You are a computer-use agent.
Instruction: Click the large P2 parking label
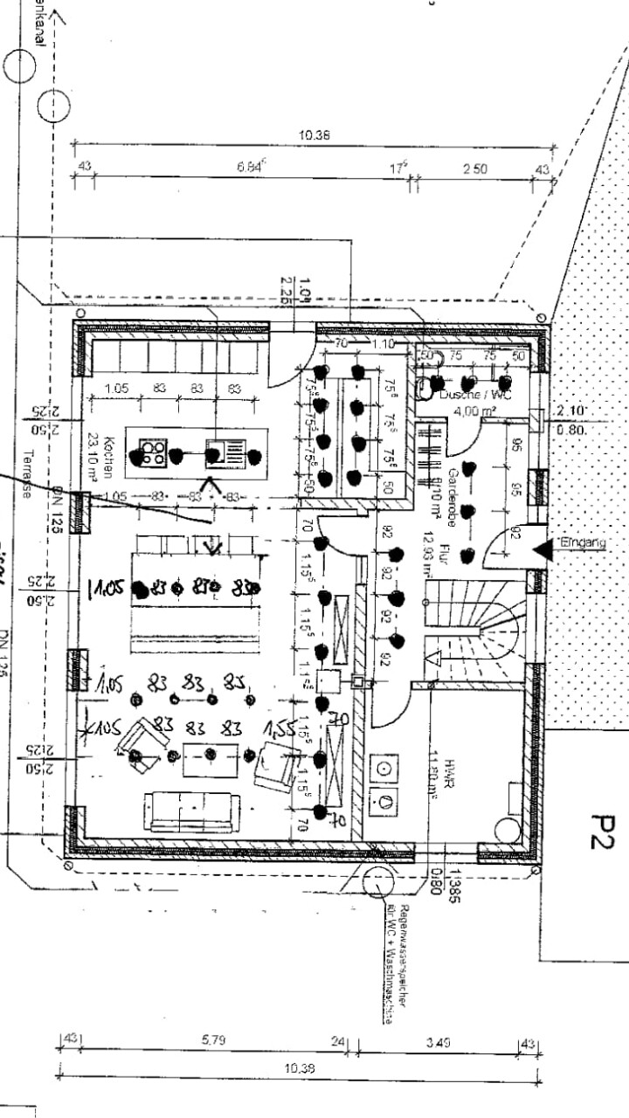(x=604, y=831)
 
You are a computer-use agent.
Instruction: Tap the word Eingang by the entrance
(x=586, y=542)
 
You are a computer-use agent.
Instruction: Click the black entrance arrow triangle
(x=543, y=549)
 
